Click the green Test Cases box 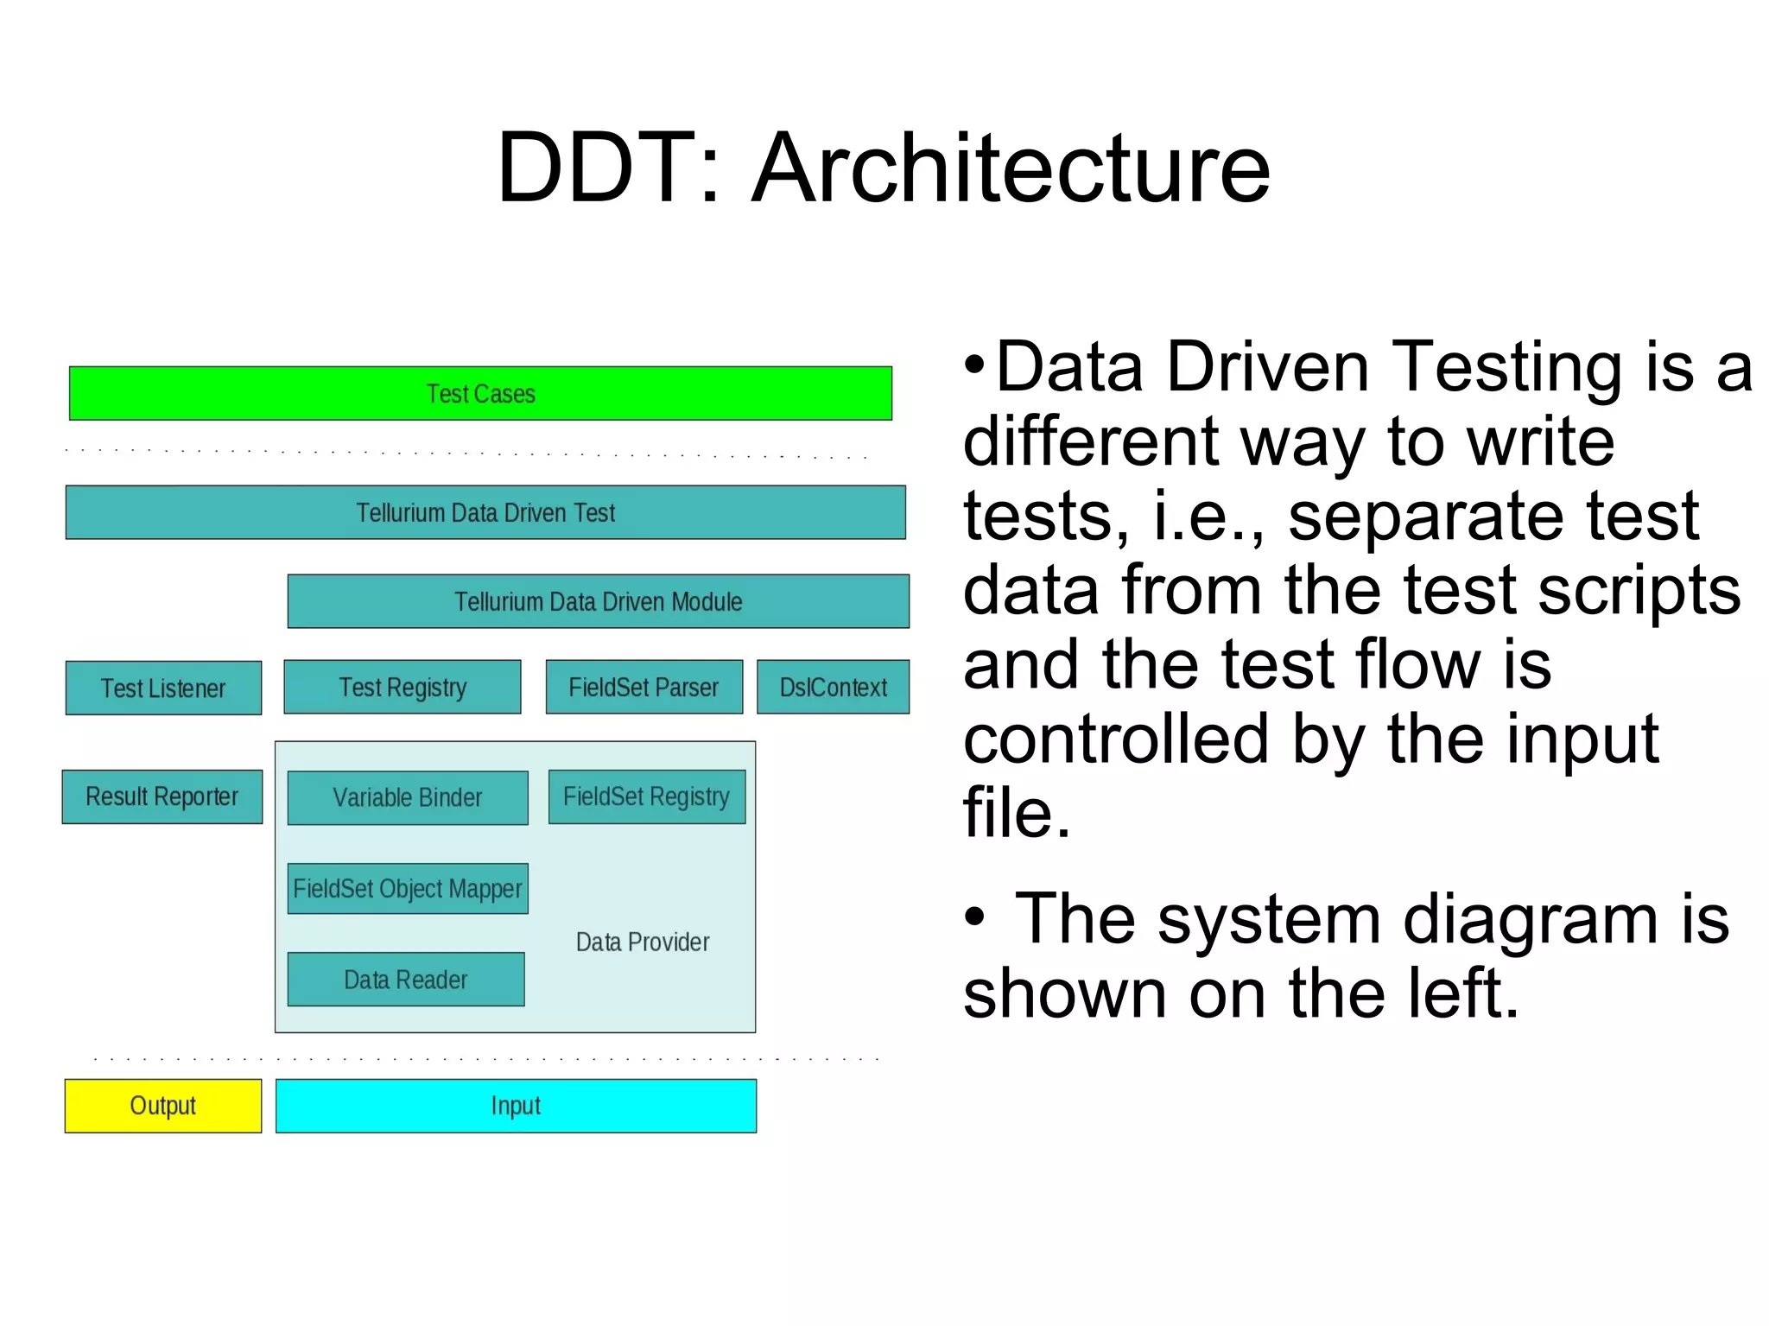click(x=480, y=394)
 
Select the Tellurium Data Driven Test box click(x=485, y=512)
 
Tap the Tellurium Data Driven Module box click(x=598, y=601)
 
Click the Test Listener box click(x=163, y=688)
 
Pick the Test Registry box click(x=403, y=688)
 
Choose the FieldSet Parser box click(x=644, y=688)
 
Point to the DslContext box click(x=833, y=688)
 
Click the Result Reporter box click(x=162, y=796)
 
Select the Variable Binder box click(x=407, y=797)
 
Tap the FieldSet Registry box click(x=646, y=796)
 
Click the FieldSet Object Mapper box click(x=407, y=888)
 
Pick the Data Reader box click(x=405, y=980)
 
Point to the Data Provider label click(x=643, y=942)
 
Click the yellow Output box click(x=163, y=1106)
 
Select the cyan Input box click(x=516, y=1106)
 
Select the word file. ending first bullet click(x=1016, y=814)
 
